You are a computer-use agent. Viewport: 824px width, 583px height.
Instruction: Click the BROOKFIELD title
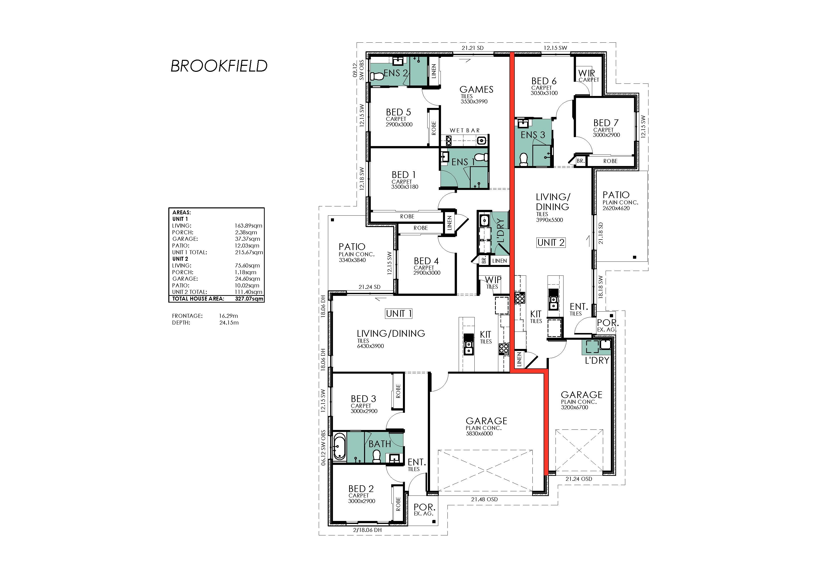(219, 66)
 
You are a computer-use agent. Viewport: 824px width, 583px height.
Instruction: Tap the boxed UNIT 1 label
(399, 314)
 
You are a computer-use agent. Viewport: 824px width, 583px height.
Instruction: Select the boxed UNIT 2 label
(551, 243)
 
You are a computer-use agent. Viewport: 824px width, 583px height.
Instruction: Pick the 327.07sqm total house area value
(249, 299)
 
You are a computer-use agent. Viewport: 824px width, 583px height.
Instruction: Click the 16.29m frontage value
(229, 316)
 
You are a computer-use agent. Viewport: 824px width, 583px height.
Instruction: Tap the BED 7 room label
(606, 123)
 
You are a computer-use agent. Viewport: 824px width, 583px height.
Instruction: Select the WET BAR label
(465, 130)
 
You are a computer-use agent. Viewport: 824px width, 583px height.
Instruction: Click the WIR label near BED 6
(586, 73)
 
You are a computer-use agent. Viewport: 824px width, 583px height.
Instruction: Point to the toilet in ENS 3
(524, 160)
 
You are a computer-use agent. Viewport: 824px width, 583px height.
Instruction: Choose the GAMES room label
(476, 89)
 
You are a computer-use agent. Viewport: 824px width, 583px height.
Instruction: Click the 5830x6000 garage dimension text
(479, 433)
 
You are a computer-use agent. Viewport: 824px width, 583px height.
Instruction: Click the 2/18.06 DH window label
(367, 530)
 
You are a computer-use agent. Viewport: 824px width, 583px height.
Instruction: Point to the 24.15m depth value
(229, 323)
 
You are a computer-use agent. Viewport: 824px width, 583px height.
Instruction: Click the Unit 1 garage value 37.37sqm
(248, 239)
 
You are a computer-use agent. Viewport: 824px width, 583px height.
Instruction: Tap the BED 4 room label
(426, 261)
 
